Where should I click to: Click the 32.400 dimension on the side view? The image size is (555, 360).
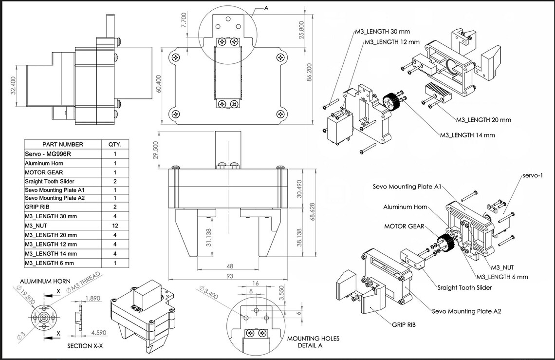coord(13,86)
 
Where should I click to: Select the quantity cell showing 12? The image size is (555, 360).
coord(115,226)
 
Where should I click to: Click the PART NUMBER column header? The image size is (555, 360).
coord(63,144)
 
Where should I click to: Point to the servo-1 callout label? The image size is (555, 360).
coord(534,175)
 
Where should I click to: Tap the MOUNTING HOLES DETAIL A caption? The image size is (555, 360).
coord(313,342)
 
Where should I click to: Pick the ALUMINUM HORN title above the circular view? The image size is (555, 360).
coord(45,282)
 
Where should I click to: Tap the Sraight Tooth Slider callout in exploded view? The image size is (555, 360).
coord(464,287)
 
